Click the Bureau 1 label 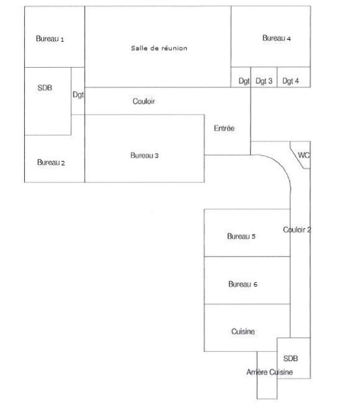click(x=49, y=39)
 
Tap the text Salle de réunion click(x=159, y=48)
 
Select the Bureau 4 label click(x=276, y=38)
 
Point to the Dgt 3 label click(x=264, y=81)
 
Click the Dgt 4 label click(x=290, y=81)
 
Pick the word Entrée click(x=224, y=128)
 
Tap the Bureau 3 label click(x=145, y=155)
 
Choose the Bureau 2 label click(x=51, y=162)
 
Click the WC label click(x=303, y=155)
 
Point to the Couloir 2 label click(x=297, y=230)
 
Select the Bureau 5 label click(x=241, y=236)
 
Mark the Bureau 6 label click(x=243, y=284)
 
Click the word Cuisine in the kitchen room click(x=243, y=332)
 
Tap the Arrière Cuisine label click(x=270, y=372)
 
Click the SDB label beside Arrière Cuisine click(x=290, y=358)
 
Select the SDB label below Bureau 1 click(x=45, y=88)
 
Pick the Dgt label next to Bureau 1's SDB click(x=78, y=94)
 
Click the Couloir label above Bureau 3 click(x=143, y=101)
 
